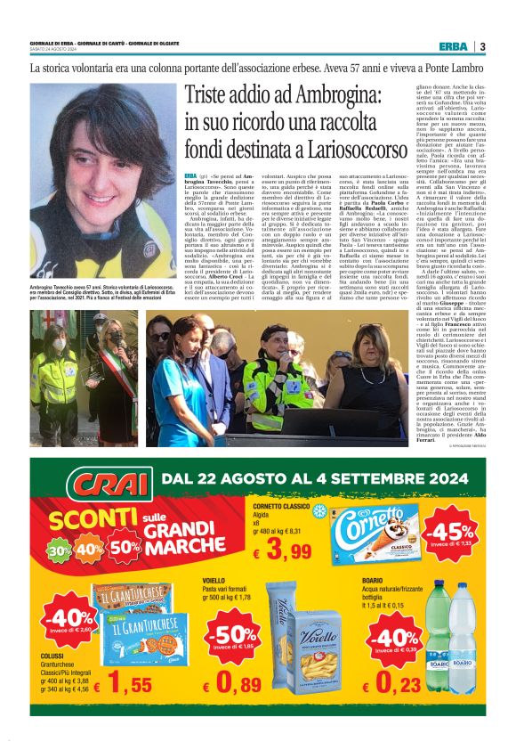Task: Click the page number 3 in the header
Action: click(x=481, y=46)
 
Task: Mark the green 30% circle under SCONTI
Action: click(x=60, y=548)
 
